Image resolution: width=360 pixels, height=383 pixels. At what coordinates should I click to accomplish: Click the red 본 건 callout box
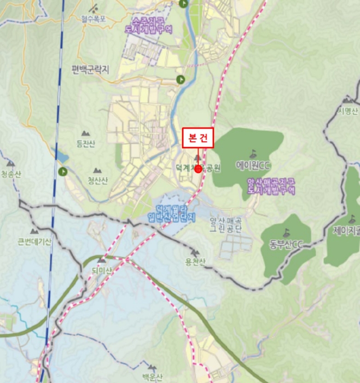pos(198,138)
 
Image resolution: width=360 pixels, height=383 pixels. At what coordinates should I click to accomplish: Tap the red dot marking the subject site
pos(198,170)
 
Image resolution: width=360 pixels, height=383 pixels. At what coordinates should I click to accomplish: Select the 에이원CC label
pos(253,165)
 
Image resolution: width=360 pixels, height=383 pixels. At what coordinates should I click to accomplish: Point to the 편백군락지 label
pos(90,70)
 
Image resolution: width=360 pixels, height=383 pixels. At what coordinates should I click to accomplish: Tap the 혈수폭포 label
pos(92,18)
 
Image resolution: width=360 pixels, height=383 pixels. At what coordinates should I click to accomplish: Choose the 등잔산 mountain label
pos(86,144)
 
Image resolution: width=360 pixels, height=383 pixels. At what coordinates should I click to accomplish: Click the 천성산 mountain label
pos(98,181)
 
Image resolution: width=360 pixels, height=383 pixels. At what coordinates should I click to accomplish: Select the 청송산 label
pos(10,175)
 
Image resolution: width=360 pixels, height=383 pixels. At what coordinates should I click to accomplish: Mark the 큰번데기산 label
pos(34,241)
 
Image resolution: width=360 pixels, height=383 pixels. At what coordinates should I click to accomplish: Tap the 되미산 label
pos(102,271)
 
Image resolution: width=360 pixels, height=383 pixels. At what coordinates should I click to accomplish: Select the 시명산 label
pos(348,112)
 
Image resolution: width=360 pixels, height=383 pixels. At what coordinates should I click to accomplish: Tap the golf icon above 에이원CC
pos(253,153)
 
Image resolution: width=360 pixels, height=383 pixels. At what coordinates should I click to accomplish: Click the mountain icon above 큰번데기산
pos(34,229)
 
